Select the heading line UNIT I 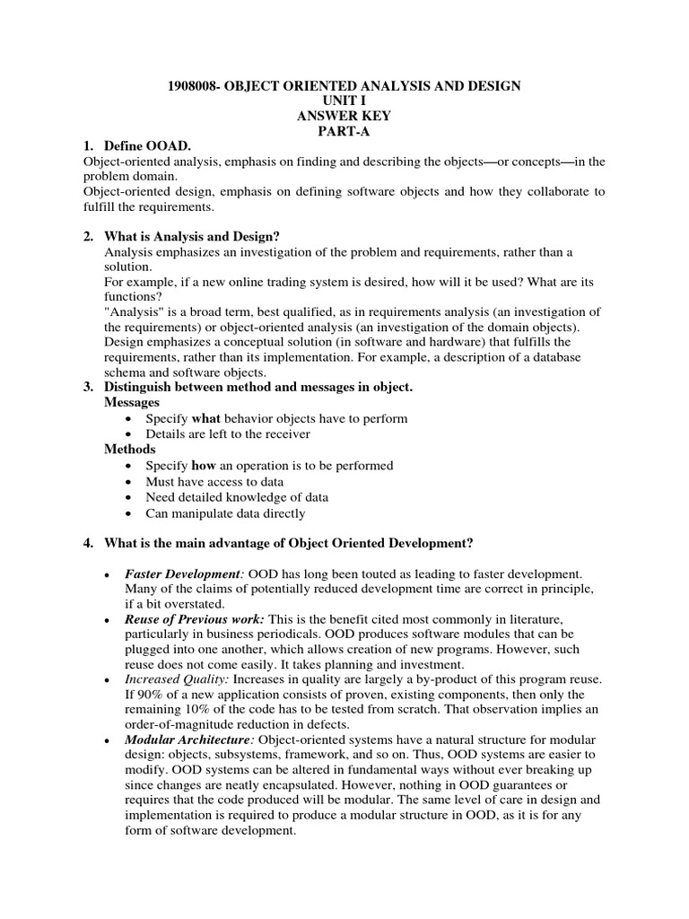pos(345,101)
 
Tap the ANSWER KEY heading pos(345,116)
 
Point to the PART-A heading pos(345,131)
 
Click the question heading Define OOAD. pos(149,146)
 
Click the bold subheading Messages pos(132,402)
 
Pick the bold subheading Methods pos(130,449)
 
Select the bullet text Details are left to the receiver pos(227,433)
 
